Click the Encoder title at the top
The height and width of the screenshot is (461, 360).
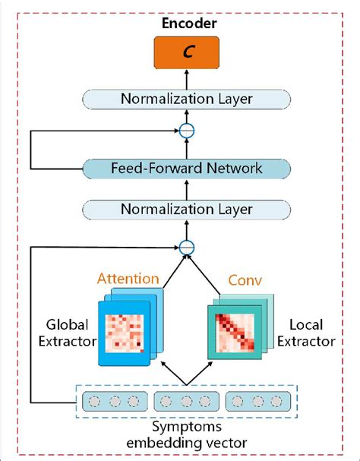(x=186, y=24)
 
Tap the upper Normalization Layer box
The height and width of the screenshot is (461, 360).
(x=186, y=99)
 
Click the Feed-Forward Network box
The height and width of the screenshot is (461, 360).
(x=186, y=169)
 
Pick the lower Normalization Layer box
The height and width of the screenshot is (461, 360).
(x=186, y=208)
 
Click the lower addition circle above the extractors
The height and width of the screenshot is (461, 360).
(x=187, y=245)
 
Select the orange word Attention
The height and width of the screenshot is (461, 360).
(x=128, y=279)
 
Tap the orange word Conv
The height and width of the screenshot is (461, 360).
(x=245, y=280)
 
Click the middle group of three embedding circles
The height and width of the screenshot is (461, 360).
(x=186, y=400)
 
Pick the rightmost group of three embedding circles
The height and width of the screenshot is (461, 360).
(x=258, y=400)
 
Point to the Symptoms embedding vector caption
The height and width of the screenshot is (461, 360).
(x=186, y=434)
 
